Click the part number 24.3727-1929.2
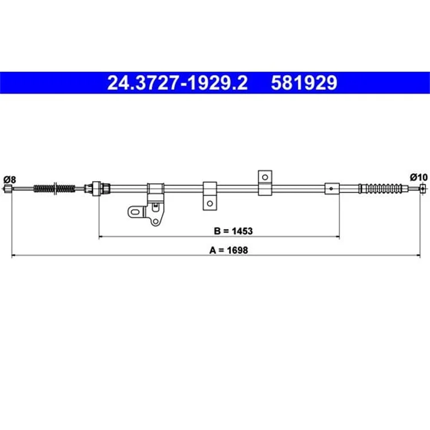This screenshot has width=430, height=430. [177, 83]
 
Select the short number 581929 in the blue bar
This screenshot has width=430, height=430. [304, 83]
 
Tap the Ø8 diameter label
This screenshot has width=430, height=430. [10, 179]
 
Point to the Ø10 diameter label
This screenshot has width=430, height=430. [419, 177]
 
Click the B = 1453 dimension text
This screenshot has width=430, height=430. [233, 231]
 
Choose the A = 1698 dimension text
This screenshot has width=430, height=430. [228, 250]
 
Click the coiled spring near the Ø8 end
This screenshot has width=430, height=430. [54, 189]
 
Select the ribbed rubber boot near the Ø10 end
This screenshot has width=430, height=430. [381, 189]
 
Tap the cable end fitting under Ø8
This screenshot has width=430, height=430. [7, 189]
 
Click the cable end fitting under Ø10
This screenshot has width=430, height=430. [423, 189]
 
